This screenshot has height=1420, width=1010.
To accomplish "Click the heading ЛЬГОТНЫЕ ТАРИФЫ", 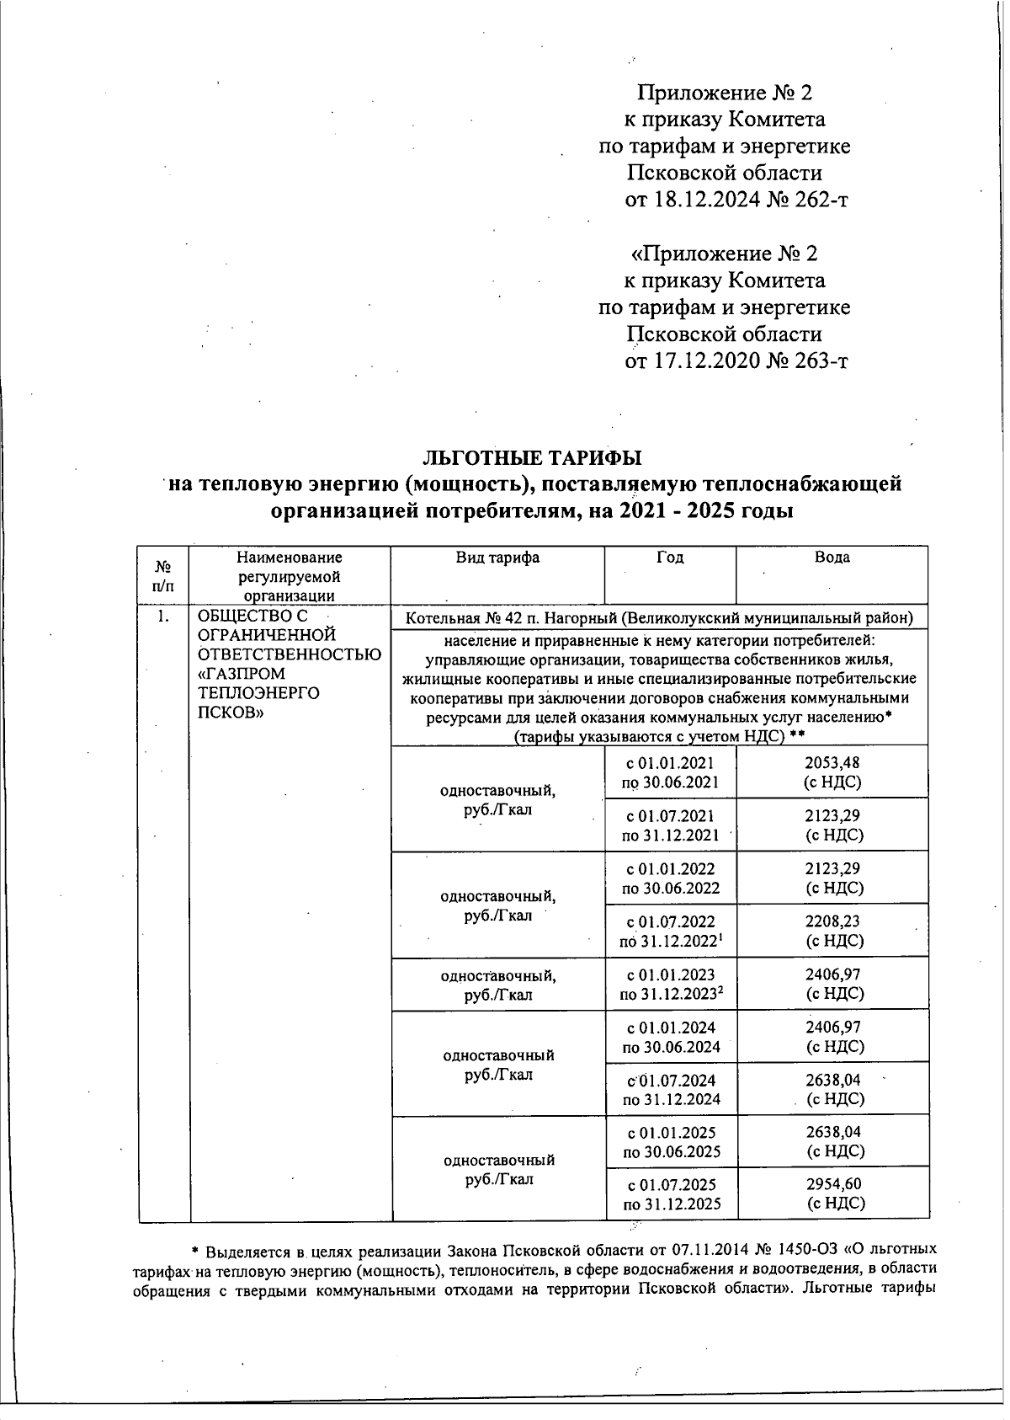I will [x=531, y=457].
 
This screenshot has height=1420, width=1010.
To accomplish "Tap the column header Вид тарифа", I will [x=497, y=558].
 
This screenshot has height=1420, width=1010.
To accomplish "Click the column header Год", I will [x=670, y=558].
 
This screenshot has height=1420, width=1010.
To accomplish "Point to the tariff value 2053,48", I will [x=833, y=763].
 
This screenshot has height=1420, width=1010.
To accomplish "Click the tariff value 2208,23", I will [x=833, y=922].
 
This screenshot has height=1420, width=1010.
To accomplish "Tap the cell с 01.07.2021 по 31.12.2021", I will [x=671, y=825].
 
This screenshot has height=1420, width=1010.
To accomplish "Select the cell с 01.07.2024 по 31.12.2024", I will [x=671, y=1090].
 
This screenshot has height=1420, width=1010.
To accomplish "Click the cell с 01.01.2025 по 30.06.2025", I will [x=671, y=1142].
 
